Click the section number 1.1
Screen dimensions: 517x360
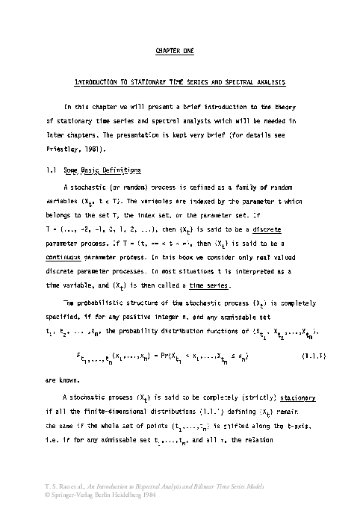[52, 170]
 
